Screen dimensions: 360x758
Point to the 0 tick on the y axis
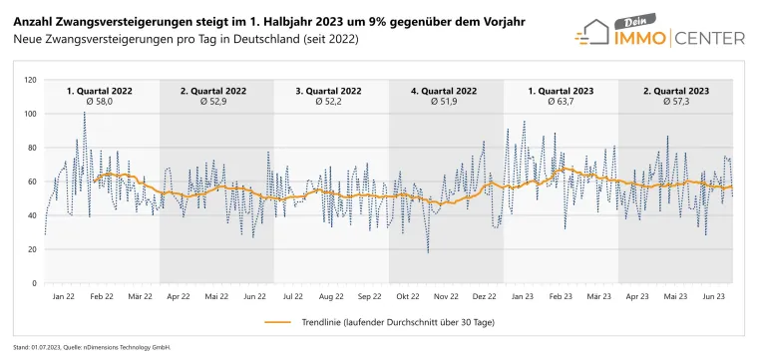[x=34, y=283]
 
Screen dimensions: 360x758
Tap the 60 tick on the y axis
[x=32, y=181]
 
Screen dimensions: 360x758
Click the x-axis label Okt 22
[x=407, y=297]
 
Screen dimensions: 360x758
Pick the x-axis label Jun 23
[x=713, y=297]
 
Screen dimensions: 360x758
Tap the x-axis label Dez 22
[x=485, y=297]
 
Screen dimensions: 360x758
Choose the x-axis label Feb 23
[x=561, y=297]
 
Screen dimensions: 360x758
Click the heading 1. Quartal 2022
[x=97, y=91]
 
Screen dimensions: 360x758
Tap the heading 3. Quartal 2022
[x=328, y=91]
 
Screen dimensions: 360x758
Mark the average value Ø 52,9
[x=212, y=102]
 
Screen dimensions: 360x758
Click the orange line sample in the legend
[x=277, y=323]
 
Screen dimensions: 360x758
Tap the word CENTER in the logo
[x=710, y=39]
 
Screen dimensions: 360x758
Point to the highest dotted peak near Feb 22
[x=84, y=113]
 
